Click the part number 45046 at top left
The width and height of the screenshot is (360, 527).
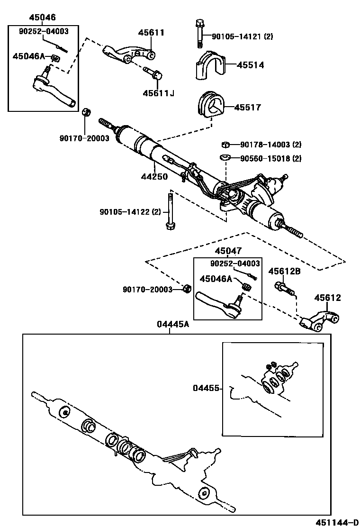[42, 18]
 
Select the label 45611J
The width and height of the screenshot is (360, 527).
[158, 93]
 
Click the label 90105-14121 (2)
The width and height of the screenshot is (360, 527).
[243, 36]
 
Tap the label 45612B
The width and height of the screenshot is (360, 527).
[284, 272]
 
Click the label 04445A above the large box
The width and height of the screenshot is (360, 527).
[172, 324]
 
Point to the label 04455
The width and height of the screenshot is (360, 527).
[207, 388]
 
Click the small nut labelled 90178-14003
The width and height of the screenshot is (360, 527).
[226, 145]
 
